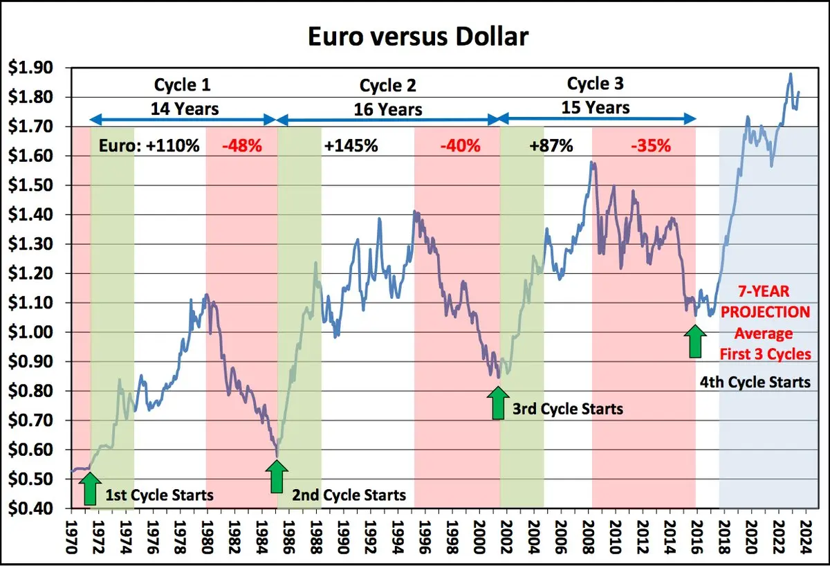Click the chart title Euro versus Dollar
418,37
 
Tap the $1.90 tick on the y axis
30,68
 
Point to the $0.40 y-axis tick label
30,509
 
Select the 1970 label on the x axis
71,537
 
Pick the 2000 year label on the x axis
479,537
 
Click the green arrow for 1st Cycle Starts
90,488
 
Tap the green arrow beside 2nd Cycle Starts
277,477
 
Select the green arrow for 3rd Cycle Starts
498,403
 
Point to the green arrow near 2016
695,341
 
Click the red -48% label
242,145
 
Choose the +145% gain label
351,145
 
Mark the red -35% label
651,145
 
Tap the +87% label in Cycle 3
551,145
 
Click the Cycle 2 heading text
387,86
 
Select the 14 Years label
185,109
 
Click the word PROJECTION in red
765,312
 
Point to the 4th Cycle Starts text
755,382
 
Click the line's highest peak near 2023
791,74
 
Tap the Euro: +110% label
149,145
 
